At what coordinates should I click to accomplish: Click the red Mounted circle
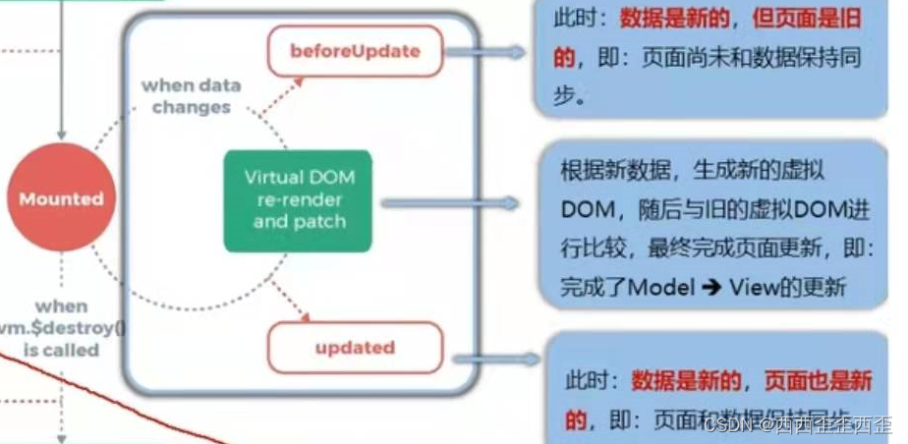(x=61, y=199)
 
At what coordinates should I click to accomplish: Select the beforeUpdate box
(x=355, y=51)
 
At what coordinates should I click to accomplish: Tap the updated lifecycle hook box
(x=355, y=348)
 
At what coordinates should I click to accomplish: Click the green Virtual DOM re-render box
(x=299, y=199)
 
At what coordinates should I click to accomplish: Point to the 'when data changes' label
(x=191, y=95)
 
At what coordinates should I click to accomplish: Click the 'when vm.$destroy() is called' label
(x=61, y=327)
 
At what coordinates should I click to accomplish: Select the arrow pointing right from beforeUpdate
(x=501, y=51)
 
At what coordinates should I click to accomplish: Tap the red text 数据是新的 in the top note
(x=665, y=18)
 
